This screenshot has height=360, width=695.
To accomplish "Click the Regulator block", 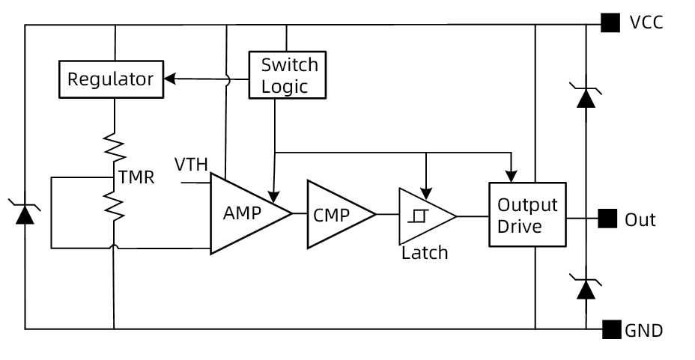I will click(x=111, y=79).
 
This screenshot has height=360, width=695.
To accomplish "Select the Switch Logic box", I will click(x=288, y=75).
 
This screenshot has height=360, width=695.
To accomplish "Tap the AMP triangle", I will click(x=243, y=213).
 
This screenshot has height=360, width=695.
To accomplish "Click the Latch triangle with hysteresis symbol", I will click(x=422, y=216).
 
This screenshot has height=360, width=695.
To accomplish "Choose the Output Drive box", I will click(x=527, y=215).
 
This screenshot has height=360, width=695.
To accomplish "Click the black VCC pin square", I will click(x=610, y=23).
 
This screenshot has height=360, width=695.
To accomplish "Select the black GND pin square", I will click(x=611, y=329).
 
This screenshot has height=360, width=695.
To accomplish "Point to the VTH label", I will click(x=191, y=164).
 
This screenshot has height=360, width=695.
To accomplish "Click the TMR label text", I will click(x=136, y=178).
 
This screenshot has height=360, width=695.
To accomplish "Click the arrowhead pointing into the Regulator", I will click(x=168, y=79).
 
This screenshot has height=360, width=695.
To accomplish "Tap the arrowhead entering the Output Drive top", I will click(x=510, y=177).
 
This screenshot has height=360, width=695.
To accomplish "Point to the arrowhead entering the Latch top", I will click(x=425, y=186).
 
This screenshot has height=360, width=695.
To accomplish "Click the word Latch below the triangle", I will click(x=425, y=252).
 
